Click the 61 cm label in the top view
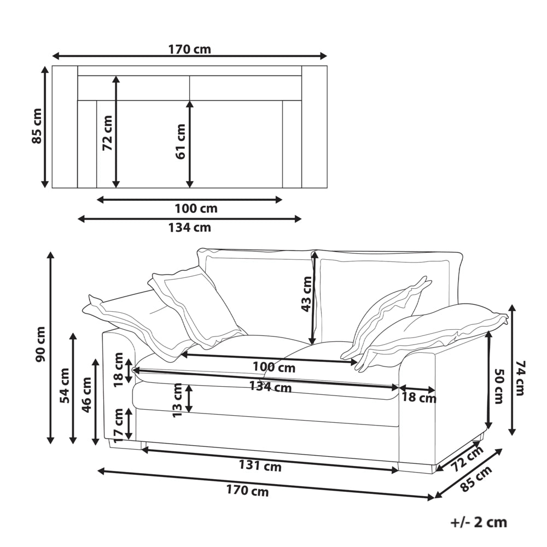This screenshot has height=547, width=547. coord(181,141)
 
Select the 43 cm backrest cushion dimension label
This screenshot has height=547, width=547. coord(306,294)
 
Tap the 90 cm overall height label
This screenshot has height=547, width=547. coord(40,344)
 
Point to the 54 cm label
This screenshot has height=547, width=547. coord(65,386)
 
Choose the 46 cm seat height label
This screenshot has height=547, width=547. coord(86,394)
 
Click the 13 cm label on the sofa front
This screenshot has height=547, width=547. coord(177,400)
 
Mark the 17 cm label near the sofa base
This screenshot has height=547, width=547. coord(119,425)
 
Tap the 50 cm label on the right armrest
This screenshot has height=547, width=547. coord(499,386)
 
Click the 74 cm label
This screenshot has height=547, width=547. coord(520,378)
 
